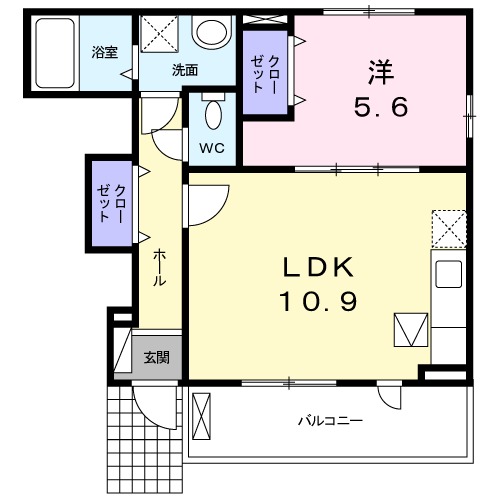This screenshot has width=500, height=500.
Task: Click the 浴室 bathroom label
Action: [105, 51]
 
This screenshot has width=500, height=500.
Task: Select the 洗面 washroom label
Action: [184, 70]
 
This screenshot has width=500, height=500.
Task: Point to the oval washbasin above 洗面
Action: [212, 32]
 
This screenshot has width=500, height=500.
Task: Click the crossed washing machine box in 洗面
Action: [158, 36]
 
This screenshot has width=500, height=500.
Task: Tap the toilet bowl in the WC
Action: [211, 113]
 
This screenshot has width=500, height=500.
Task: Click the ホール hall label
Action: [159, 269]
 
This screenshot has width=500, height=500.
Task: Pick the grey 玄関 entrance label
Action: [155, 357]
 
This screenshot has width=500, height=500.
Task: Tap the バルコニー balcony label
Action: [329, 421]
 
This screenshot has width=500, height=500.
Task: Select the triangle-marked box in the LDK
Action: [411, 329]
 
